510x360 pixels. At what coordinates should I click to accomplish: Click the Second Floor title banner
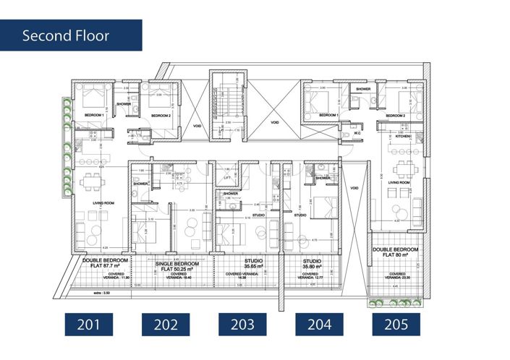pos(71,35)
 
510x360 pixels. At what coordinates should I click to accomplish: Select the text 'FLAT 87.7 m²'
pos(106,266)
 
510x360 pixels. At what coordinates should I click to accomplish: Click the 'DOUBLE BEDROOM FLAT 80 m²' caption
pos(397,252)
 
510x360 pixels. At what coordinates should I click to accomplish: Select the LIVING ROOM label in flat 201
pos(98,203)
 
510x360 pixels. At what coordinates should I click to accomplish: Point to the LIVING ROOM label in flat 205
pos(399,183)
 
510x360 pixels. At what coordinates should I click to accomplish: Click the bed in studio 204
pos(325,207)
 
